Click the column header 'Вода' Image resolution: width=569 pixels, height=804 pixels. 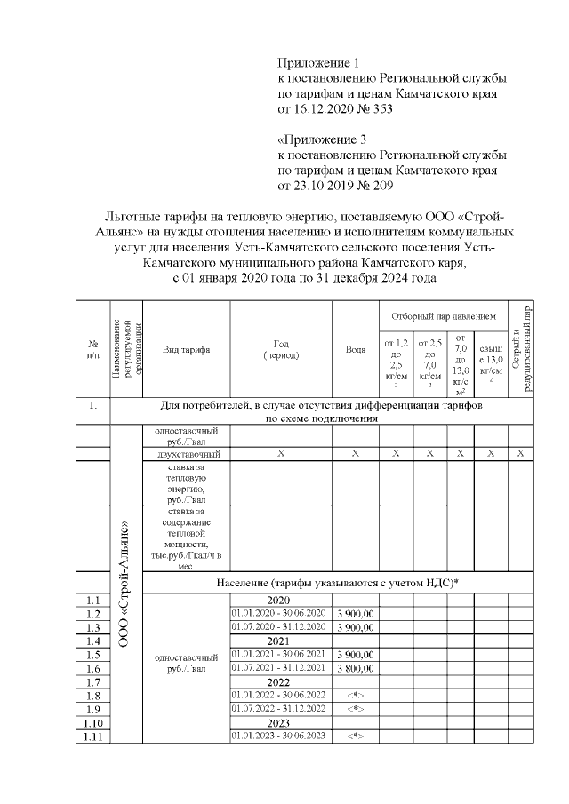tap(355, 350)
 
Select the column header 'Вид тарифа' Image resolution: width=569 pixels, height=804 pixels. tap(186, 350)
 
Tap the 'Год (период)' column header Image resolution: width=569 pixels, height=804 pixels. tap(281, 350)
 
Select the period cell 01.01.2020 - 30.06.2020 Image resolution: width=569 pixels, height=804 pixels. tap(279, 614)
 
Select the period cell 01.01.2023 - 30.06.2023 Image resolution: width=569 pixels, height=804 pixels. tap(279, 736)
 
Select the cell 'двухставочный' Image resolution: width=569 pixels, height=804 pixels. tap(186, 454)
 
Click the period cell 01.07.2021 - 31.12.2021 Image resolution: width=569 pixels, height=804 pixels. tap(279, 671)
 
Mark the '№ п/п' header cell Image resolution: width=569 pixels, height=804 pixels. tap(92, 350)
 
